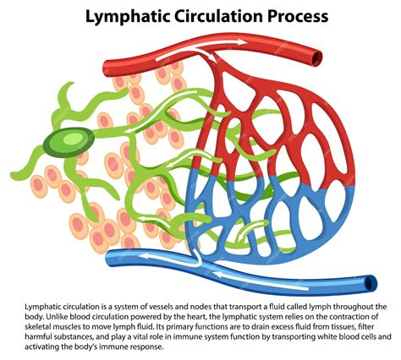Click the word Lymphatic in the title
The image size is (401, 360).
click(x=125, y=16)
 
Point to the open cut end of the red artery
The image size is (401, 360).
click(x=316, y=57)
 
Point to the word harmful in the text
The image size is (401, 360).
click(x=43, y=336)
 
